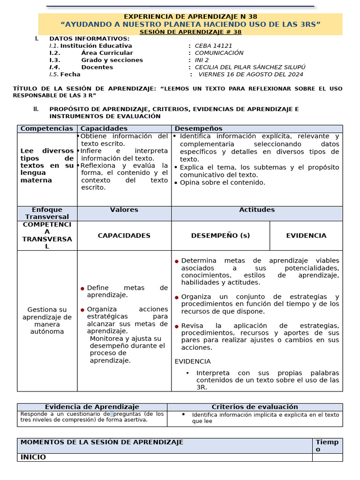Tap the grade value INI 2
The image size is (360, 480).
click(202, 60)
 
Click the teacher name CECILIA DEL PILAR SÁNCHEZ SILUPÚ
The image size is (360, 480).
click(250, 67)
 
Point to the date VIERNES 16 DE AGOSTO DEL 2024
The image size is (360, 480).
click(251, 74)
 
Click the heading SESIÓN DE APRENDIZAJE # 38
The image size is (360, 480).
click(190, 32)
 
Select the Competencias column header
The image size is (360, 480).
click(47, 128)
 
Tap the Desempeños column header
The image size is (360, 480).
click(199, 128)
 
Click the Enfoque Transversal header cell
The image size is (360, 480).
click(47, 213)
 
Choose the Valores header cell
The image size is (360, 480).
click(124, 210)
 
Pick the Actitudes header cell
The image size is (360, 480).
click(257, 210)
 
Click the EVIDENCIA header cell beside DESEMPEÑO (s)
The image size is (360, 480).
click(306, 236)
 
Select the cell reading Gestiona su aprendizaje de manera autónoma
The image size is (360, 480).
click(47, 321)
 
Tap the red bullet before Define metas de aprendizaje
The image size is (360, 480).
click(82, 288)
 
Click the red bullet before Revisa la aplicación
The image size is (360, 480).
click(177, 326)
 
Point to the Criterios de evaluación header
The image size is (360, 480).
click(255, 407)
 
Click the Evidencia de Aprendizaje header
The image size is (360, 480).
click(92, 407)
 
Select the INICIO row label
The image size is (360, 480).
click(33, 457)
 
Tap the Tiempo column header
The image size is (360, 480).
click(327, 445)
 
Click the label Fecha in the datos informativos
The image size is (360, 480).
click(70, 74)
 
